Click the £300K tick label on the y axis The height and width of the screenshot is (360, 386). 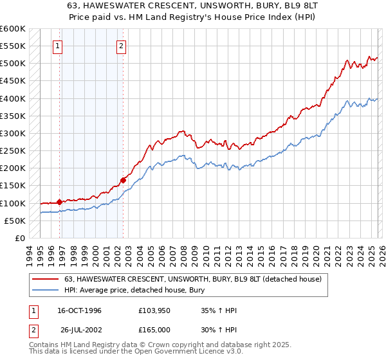[x=13, y=133]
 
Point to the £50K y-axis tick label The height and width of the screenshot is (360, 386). [x=15, y=221]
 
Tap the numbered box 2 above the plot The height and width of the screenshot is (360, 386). [x=122, y=46]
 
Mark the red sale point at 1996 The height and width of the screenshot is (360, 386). [x=59, y=202]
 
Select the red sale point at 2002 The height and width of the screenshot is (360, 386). [x=123, y=181]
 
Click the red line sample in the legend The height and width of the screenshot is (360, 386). [x=46, y=278]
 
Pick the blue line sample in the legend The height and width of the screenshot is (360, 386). [x=46, y=290]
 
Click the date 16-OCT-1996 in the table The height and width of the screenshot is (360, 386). [x=79, y=310]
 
